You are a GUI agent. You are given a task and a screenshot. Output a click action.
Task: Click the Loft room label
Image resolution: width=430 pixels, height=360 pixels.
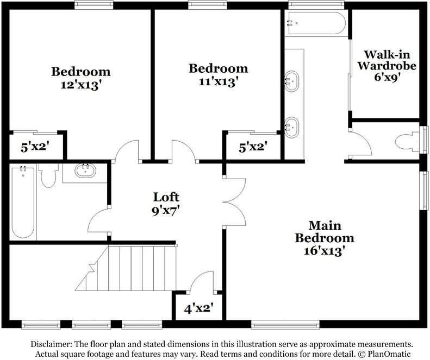(166, 197)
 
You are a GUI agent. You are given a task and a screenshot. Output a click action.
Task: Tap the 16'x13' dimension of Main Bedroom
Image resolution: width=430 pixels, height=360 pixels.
(324, 251)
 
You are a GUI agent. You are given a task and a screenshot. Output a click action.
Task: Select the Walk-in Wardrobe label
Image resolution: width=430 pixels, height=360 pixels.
(387, 60)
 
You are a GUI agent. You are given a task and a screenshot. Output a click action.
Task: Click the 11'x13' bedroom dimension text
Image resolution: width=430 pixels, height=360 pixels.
(218, 81)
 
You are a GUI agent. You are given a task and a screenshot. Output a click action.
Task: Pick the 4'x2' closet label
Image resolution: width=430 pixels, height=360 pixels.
(198, 309)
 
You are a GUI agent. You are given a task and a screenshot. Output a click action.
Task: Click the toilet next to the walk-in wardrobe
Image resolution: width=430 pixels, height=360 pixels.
(408, 142)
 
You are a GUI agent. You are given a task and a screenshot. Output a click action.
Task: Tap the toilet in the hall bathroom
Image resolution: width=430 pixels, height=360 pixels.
(48, 175)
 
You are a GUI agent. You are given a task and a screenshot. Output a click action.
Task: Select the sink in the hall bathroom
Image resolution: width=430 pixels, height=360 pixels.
(85, 170)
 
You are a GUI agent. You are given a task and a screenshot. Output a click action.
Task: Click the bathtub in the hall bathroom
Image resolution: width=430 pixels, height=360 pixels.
(23, 202)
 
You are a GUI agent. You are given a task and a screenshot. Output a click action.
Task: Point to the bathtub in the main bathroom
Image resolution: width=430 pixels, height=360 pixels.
(316, 23)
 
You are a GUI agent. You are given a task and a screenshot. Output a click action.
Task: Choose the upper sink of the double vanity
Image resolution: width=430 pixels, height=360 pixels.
(291, 81)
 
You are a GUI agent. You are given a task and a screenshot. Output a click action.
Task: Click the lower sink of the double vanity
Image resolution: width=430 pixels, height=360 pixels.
(291, 128)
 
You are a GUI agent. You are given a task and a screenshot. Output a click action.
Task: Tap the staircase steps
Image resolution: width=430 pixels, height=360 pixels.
(126, 268)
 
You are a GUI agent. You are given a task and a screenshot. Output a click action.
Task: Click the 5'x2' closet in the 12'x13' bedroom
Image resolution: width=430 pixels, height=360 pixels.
(35, 147)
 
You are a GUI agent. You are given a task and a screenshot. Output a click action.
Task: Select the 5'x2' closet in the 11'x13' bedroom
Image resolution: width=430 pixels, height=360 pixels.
(253, 147)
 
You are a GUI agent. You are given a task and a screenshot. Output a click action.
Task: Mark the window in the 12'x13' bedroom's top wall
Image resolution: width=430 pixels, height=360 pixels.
(94, 5)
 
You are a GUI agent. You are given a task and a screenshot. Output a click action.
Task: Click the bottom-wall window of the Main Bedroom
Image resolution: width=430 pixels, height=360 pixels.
(285, 325)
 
